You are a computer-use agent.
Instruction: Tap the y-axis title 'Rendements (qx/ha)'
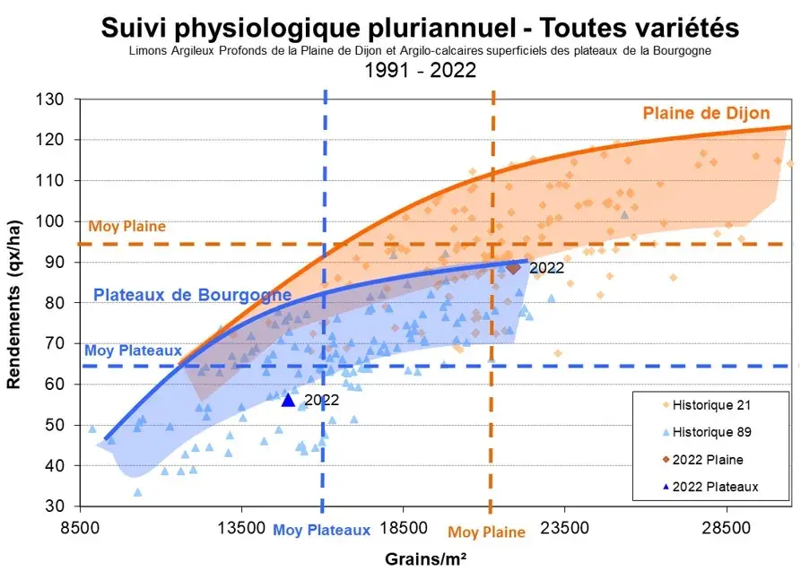pos(15,302)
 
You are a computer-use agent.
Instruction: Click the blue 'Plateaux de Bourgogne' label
pos(192,295)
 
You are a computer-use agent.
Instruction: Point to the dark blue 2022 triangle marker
pos(288,400)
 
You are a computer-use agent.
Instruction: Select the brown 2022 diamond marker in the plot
pos(513,267)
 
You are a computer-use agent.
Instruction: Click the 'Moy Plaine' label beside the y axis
pos(127,227)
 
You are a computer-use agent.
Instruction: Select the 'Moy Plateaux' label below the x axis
pos(321,531)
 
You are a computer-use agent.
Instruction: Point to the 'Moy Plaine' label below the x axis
pos(486,532)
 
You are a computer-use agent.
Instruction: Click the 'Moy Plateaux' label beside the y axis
pos(133,351)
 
